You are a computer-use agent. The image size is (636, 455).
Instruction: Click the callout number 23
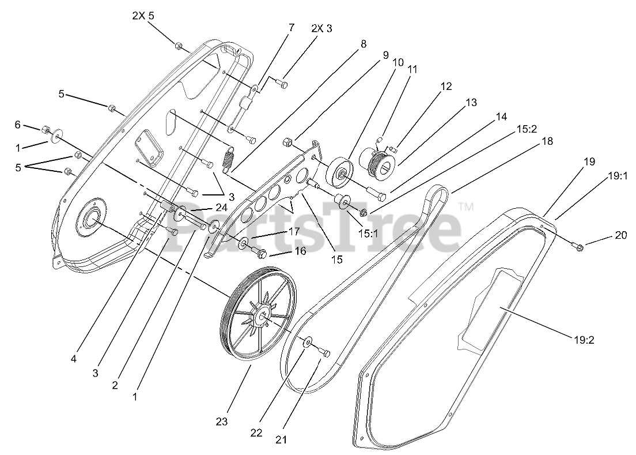point(222,422)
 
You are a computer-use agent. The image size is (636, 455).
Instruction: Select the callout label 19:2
point(584,340)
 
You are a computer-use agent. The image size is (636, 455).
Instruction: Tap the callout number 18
point(547,141)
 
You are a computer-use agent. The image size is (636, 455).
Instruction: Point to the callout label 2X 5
point(143,16)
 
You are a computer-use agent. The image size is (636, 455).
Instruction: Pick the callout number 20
point(620,236)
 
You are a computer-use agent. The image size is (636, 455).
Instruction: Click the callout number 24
point(221,207)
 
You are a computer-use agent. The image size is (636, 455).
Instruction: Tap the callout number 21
point(281,440)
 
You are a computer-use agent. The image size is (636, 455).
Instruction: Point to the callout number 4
point(74,359)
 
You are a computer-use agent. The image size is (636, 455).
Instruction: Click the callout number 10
point(397,61)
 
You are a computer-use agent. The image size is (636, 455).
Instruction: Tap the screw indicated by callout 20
point(579,247)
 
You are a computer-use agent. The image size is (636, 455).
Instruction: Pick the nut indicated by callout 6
point(47,129)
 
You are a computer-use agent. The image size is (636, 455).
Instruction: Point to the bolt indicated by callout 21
point(323,352)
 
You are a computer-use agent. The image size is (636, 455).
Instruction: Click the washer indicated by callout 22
point(308,344)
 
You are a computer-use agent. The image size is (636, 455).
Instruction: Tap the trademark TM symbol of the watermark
point(465,206)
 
